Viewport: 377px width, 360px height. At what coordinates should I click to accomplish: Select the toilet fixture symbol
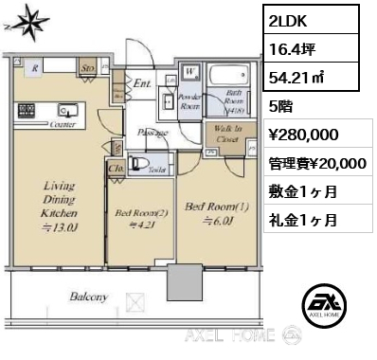tap(141, 165)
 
